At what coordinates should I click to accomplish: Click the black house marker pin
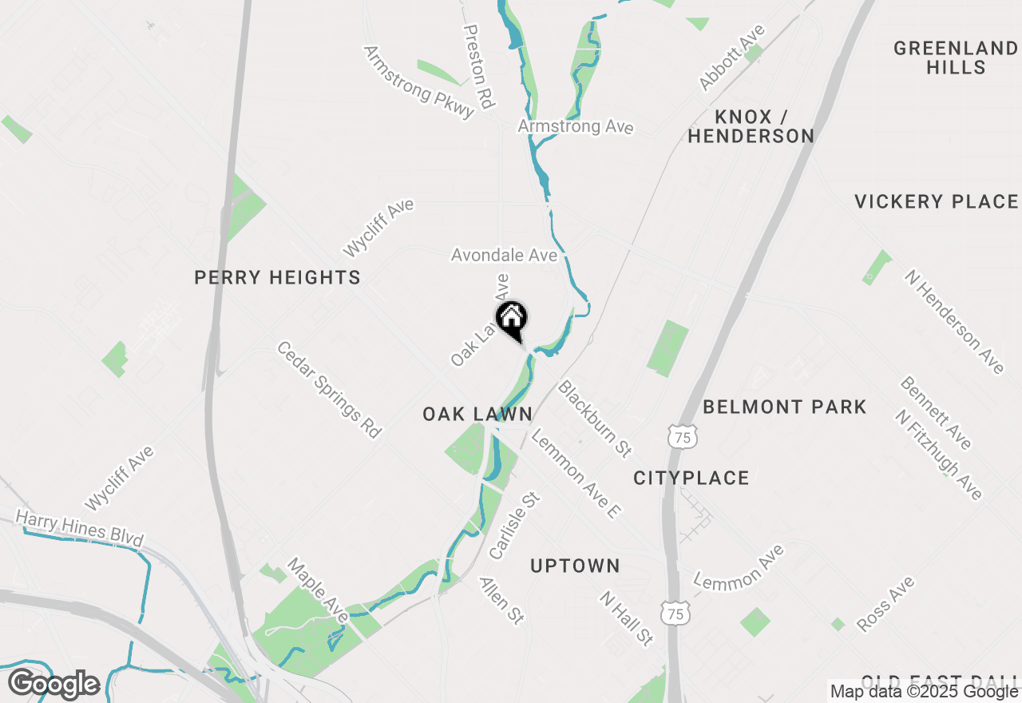[512, 319]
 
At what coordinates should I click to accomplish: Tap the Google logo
[53, 685]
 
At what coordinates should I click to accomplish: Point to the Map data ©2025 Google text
[924, 692]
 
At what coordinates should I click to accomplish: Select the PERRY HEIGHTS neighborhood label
[277, 278]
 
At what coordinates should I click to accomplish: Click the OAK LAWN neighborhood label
[477, 414]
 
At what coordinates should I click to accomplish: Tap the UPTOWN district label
[575, 566]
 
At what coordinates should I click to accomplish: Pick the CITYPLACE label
[691, 478]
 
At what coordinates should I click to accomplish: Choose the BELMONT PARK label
[784, 407]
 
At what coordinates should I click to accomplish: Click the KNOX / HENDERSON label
[751, 126]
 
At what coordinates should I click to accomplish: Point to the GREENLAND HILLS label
[956, 58]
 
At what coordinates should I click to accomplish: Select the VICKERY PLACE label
[936, 202]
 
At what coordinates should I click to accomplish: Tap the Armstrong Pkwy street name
[419, 81]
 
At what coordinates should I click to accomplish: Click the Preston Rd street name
[479, 65]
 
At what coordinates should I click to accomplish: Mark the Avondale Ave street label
[504, 256]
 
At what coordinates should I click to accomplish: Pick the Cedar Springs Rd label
[329, 389]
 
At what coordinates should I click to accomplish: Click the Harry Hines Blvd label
[79, 529]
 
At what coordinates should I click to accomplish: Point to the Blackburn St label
[596, 419]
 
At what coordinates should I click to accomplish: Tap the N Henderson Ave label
[953, 321]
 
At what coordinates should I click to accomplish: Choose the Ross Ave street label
[885, 604]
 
